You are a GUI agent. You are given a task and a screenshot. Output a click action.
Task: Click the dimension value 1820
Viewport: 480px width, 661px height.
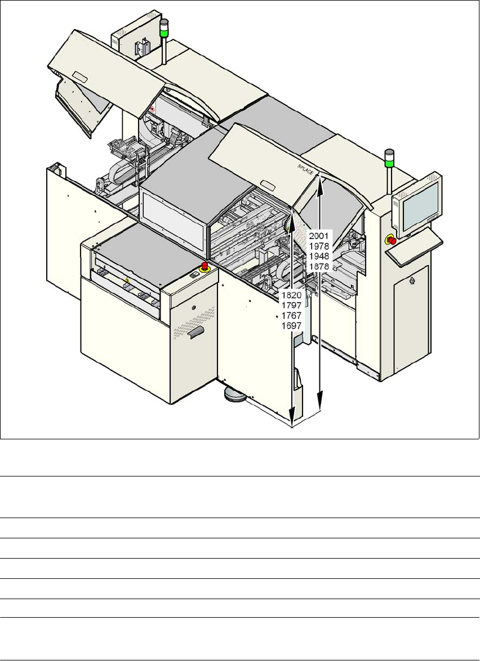[292, 295]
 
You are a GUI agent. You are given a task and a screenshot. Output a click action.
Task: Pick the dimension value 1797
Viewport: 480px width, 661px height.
[292, 305]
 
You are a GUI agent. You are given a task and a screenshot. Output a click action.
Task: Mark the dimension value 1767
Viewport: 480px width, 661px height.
[292, 316]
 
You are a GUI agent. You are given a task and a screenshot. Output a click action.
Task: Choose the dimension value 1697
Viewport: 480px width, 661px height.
[292, 326]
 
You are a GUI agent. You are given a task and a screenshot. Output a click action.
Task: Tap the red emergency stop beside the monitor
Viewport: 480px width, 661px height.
[392, 241]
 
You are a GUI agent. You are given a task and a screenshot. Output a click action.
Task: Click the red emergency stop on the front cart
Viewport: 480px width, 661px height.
[205, 265]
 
